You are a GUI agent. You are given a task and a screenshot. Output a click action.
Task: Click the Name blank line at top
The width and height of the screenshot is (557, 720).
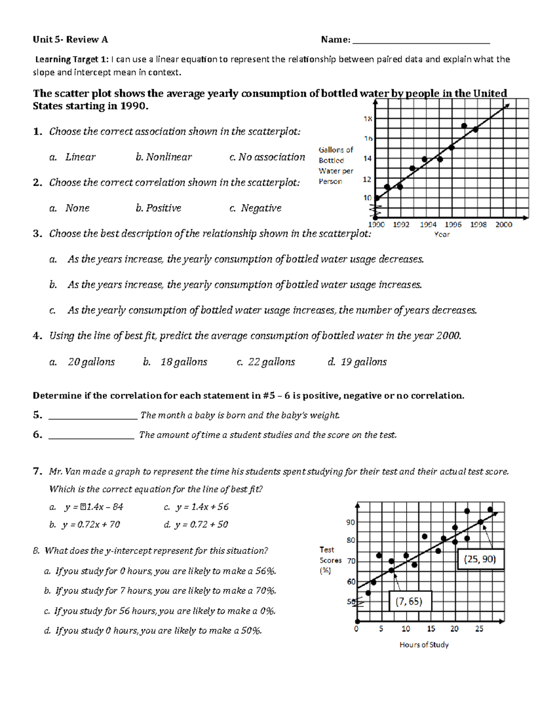click(x=421, y=42)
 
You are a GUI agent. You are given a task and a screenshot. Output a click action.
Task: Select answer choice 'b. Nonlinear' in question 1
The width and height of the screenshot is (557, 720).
click(x=163, y=157)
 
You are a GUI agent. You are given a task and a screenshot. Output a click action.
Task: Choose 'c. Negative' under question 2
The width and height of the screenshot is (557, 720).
click(x=256, y=208)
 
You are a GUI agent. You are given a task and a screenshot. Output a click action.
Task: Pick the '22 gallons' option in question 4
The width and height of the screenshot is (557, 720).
click(x=266, y=362)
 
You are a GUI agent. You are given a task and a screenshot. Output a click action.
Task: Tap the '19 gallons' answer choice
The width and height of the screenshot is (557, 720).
click(x=357, y=362)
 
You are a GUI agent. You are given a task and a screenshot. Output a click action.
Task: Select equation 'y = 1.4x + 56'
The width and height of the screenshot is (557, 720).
click(x=197, y=507)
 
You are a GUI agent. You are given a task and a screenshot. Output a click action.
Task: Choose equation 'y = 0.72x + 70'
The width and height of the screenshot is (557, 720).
click(x=85, y=525)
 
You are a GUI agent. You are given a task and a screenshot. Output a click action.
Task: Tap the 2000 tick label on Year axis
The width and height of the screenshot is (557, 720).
click(x=504, y=225)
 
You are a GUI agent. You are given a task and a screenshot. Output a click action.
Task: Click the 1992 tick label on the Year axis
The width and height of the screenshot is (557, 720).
click(x=401, y=225)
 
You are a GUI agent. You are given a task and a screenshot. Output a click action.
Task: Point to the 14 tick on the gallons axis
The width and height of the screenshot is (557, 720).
click(x=367, y=159)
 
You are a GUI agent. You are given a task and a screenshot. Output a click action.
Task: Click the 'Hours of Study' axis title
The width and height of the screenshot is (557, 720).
click(x=424, y=645)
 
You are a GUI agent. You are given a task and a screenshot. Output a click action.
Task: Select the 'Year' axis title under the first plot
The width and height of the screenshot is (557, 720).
click(x=441, y=235)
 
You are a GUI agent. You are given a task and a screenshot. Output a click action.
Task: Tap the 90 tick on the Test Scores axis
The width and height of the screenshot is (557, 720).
click(x=350, y=522)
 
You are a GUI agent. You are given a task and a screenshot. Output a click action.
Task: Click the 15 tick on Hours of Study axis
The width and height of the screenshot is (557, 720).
click(x=431, y=629)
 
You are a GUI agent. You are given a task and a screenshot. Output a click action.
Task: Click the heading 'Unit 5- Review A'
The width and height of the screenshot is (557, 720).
click(x=70, y=40)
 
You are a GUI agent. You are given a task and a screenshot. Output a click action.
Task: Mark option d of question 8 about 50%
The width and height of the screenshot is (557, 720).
click(x=153, y=631)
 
